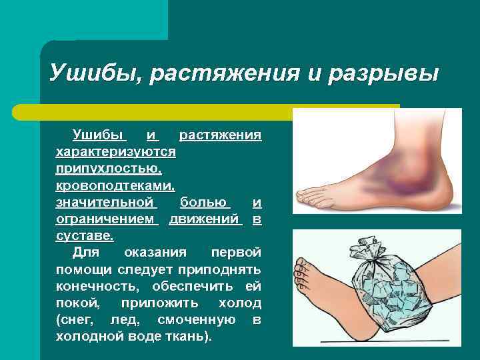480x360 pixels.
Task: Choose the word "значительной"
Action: [x=105, y=201]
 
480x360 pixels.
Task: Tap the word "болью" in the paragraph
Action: [x=205, y=201]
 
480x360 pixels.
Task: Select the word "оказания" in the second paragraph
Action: [x=150, y=253]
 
